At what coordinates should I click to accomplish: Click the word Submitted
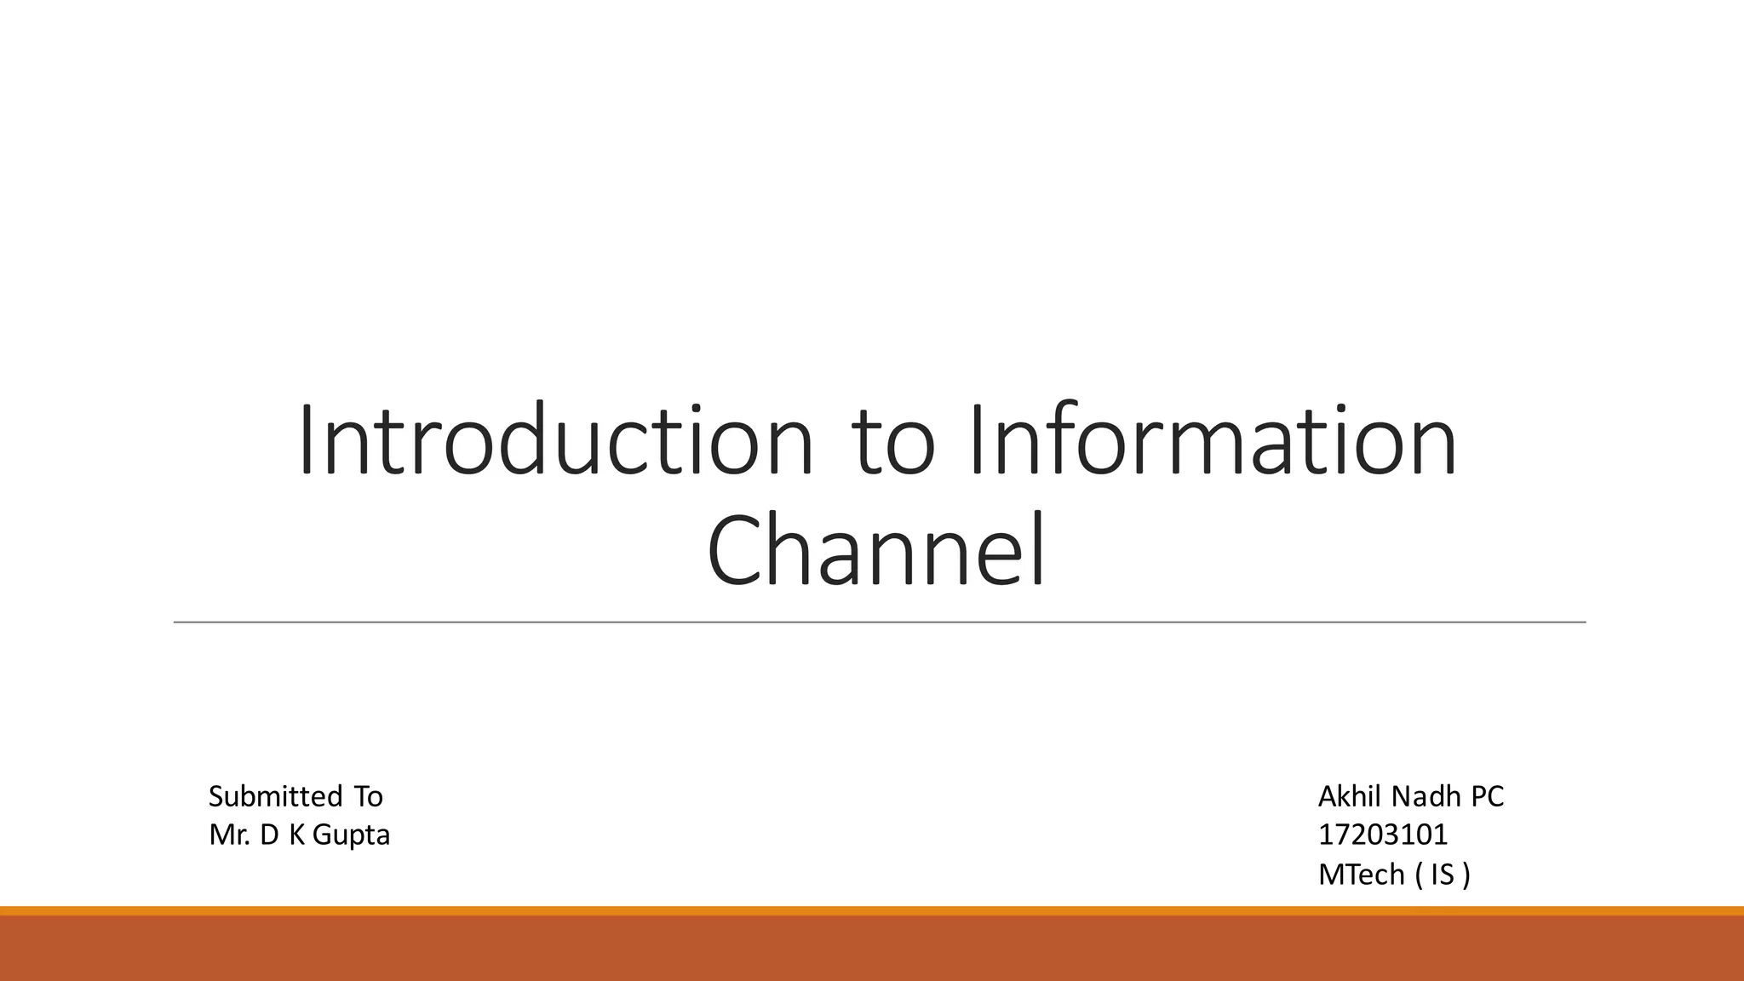[275, 797]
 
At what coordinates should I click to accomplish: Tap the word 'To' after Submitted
[369, 797]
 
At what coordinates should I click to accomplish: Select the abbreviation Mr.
[229, 835]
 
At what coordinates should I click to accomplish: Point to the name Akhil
[1350, 797]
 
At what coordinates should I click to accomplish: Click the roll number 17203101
[1383, 835]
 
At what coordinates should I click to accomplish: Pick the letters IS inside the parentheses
[1443, 875]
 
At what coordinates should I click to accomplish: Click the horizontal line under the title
[879, 622]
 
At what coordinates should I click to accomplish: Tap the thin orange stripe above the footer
[872, 911]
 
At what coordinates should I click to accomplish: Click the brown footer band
[872, 949]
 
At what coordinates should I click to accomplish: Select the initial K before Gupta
[296, 835]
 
